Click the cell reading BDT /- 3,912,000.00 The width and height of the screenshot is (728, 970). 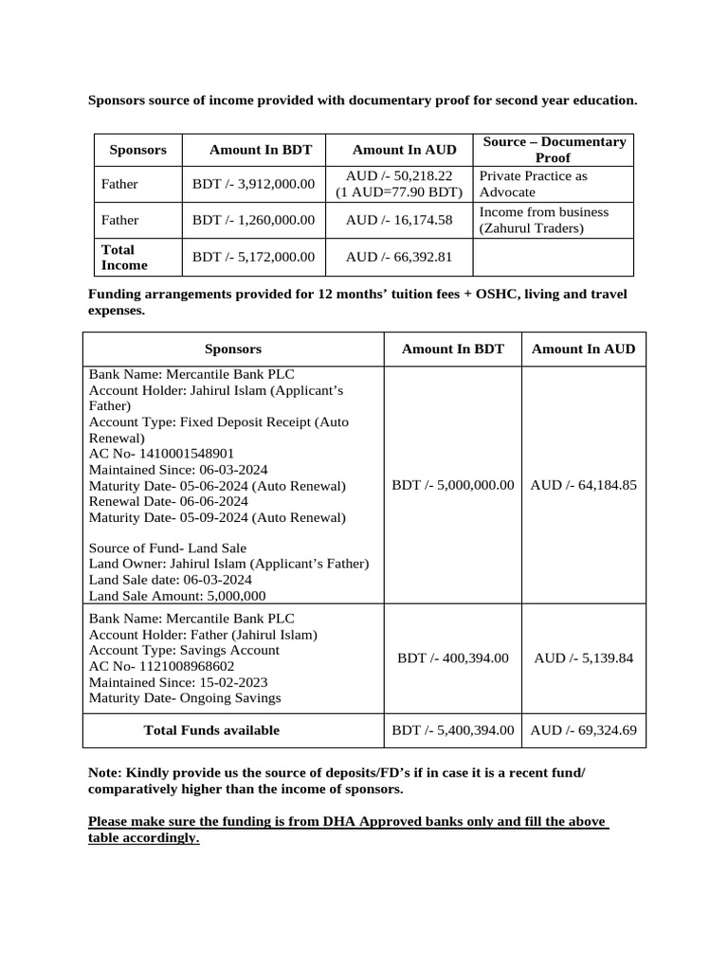[253, 185]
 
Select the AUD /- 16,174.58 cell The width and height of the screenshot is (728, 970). [399, 220]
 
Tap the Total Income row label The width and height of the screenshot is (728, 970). [124, 258]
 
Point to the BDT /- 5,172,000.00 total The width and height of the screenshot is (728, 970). [253, 257]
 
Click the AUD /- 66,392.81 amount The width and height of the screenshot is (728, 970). [399, 257]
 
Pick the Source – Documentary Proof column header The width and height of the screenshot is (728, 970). [554, 150]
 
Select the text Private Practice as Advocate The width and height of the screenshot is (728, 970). [533, 184]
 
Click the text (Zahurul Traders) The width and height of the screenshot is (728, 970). [531, 228]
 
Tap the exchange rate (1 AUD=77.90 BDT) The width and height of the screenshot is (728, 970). [399, 192]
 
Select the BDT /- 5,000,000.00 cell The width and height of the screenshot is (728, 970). [452, 485]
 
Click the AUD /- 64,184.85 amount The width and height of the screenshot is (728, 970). [583, 485]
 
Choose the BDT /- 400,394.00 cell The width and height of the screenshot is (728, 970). [452, 657]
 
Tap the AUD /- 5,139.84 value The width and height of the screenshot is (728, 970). [583, 657]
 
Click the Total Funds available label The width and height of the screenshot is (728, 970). [211, 730]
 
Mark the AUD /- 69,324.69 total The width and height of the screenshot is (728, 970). [583, 730]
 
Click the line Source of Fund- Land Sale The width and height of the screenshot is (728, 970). [168, 548]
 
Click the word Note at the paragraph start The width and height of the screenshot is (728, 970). [103, 774]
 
